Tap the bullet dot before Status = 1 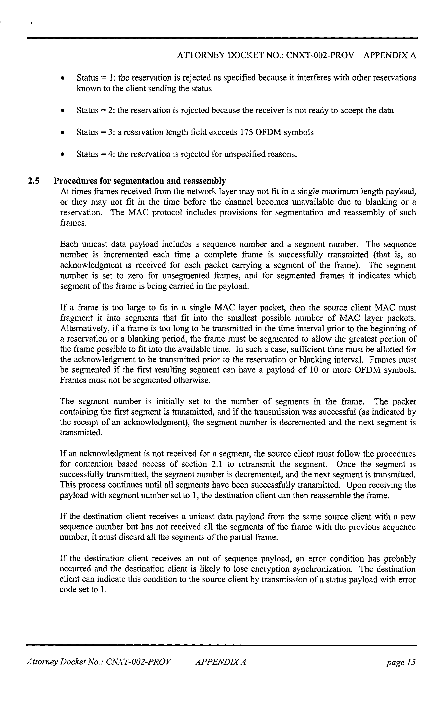point(62,78)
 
